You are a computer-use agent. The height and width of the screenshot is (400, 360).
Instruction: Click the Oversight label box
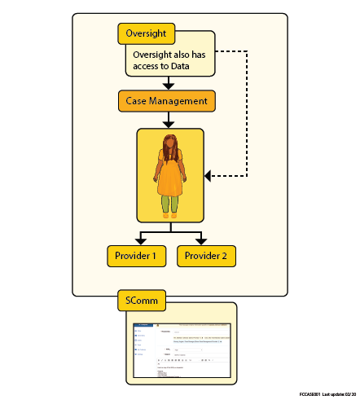click(147, 33)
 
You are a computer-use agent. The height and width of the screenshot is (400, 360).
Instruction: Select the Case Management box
click(166, 101)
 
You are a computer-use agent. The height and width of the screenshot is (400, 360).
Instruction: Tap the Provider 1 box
click(137, 256)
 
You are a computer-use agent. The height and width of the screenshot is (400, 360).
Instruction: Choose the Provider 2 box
click(206, 256)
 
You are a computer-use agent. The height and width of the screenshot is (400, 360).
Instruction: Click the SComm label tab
click(143, 301)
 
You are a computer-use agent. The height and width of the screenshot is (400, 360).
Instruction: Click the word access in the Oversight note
click(150, 66)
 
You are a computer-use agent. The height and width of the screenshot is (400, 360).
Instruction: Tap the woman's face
click(171, 147)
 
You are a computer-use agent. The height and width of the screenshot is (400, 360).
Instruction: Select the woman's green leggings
click(169, 204)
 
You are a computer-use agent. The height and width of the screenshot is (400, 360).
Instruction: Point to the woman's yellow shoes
click(169, 216)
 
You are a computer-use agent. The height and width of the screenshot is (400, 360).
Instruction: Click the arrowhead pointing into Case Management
click(167, 85)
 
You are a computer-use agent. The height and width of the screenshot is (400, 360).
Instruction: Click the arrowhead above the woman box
click(167, 124)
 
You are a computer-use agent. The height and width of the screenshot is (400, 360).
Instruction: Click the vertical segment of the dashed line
click(246, 114)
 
